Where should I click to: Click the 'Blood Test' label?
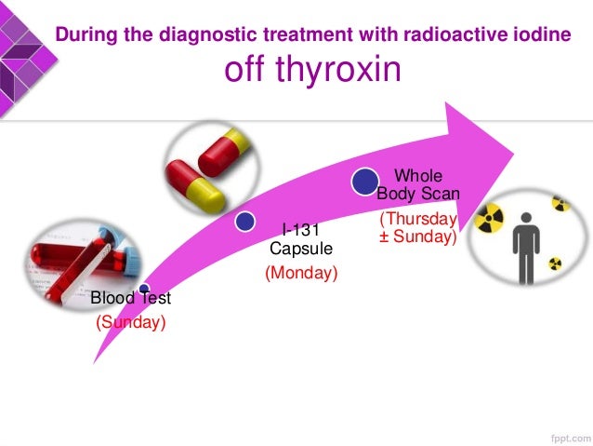coord(130,299)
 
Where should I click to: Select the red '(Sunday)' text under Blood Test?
coord(130,323)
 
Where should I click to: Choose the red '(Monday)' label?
coord(301,274)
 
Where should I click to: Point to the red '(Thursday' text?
coord(417,220)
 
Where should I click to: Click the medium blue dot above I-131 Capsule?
coord(245,222)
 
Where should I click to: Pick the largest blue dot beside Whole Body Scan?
coord(364,181)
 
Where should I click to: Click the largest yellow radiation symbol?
coord(490,220)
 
